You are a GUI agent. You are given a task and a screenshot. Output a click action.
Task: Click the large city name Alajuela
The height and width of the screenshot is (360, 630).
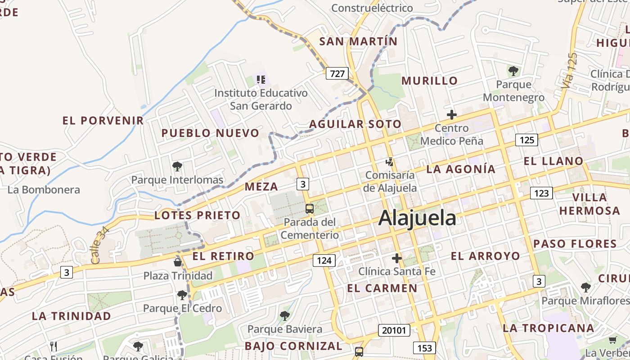417,218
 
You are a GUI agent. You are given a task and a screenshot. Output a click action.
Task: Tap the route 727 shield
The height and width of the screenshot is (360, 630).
337,73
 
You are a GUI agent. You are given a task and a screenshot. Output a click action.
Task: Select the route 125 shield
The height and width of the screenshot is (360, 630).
526,140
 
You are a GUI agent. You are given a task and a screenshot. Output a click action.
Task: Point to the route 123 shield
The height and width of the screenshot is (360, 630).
541,193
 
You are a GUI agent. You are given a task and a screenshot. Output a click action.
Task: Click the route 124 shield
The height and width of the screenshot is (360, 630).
324,260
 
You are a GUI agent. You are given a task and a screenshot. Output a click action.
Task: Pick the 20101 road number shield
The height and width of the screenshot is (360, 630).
394,330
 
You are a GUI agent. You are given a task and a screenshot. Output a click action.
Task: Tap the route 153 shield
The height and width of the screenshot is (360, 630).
424,347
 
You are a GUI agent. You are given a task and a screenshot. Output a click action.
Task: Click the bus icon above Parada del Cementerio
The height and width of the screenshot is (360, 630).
310,209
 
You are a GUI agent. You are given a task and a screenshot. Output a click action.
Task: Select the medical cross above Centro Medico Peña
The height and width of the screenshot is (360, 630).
451,115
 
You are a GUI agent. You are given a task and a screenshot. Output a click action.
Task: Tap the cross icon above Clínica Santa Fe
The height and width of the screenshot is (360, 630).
396,258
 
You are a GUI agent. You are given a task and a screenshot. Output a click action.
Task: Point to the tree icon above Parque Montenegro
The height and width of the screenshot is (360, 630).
513,71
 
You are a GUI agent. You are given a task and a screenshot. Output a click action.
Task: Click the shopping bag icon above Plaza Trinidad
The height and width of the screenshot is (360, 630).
178,262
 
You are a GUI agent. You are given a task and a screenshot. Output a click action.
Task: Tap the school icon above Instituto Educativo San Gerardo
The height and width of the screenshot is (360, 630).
261,80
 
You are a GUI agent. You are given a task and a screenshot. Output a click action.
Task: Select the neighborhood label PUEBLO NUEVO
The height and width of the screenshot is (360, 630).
210,133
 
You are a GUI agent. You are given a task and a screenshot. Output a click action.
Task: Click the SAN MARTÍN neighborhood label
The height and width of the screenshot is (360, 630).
358,41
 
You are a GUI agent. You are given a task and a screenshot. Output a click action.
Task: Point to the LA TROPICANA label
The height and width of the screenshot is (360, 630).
548,328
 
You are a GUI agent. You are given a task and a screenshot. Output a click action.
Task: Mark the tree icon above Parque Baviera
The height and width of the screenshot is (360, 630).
284,316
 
